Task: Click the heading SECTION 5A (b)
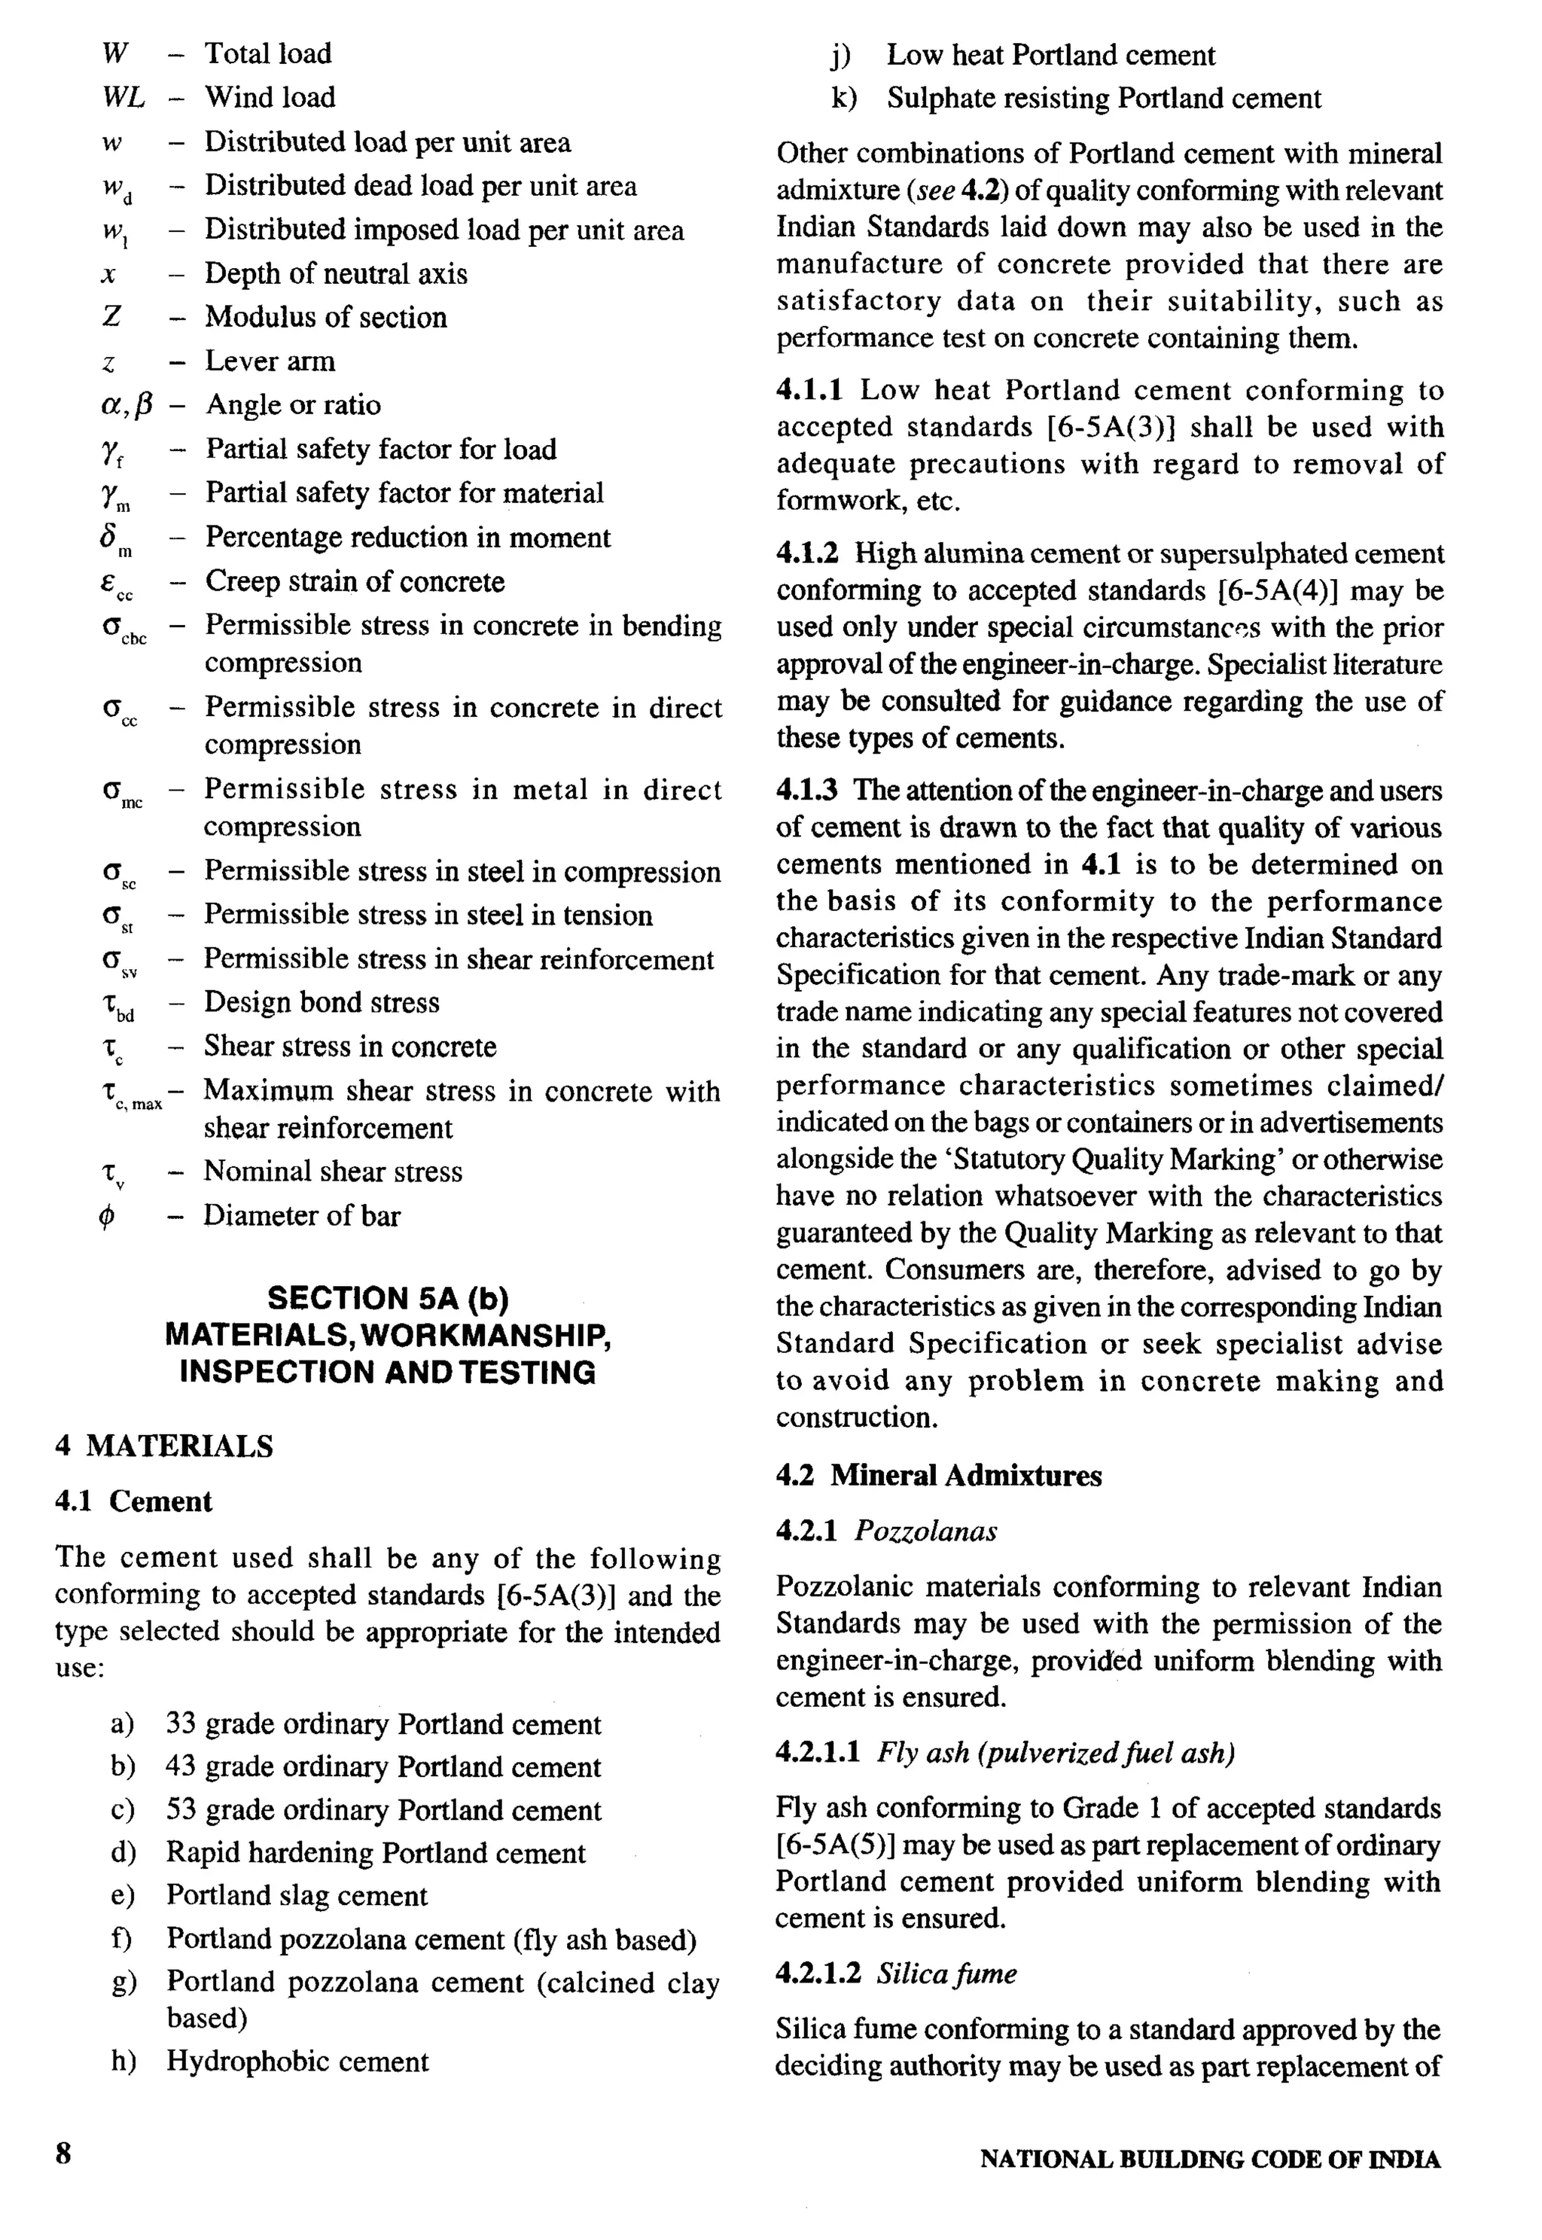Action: pos(388,1298)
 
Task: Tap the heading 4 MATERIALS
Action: pos(164,1446)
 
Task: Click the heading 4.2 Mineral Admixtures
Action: pos(938,1475)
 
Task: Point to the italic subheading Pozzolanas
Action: pos(925,1530)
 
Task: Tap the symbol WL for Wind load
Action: pos(123,98)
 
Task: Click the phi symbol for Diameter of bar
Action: pos(107,1216)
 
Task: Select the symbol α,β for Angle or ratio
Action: pos(126,405)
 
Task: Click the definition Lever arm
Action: pos(270,361)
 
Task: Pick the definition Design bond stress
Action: pos(321,1003)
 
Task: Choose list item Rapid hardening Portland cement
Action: pos(375,1853)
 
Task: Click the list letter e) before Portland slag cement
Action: pos(123,1895)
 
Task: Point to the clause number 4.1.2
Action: pos(808,553)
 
